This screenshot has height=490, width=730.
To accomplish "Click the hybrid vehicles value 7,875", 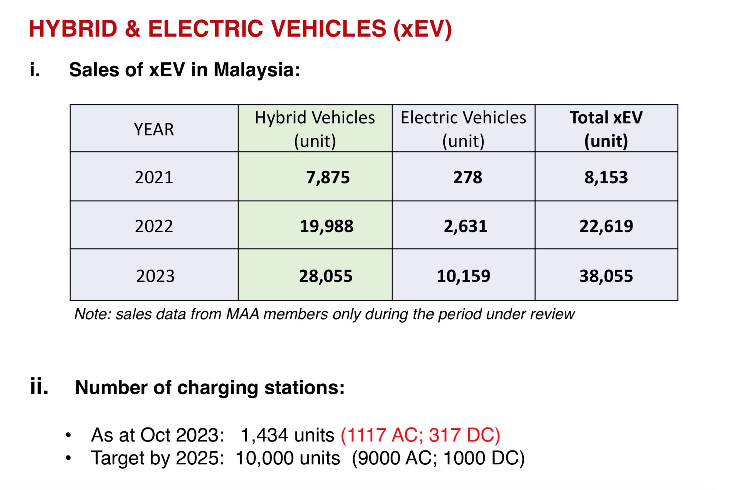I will coord(328,177).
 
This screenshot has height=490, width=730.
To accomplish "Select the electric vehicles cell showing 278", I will coord(467,177).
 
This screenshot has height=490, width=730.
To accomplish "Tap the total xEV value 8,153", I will coord(606,177).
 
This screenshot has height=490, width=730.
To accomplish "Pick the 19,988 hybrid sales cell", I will coord(327,226).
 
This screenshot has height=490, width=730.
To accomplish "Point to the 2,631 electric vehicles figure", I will coord(465,226).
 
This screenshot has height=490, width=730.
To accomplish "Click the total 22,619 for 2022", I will coord(606,226).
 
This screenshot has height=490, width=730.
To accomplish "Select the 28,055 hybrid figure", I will coord(326,276).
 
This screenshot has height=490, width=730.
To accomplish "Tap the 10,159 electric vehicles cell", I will coord(463,276).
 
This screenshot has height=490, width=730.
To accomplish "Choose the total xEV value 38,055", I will coord(606,276).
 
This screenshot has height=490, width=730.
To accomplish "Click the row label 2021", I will coord(154,177).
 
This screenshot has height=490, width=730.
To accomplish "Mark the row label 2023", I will coord(155,276).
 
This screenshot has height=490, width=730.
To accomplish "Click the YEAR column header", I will coord(154,130).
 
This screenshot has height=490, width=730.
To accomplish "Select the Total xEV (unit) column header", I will coord(606,129).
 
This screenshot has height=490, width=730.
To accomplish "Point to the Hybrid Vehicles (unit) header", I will coord(315,129).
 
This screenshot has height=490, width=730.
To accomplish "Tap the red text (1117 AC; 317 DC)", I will coord(420,435).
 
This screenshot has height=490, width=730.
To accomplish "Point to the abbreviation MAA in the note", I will coord(242,314).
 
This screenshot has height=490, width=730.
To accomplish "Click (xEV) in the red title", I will coord(423,29).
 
